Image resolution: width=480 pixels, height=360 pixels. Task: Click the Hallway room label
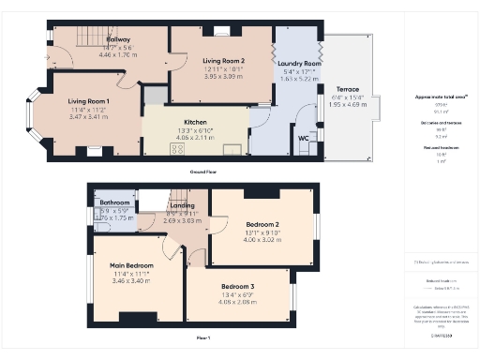[118, 40]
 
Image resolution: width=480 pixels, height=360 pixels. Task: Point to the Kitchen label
[195, 123]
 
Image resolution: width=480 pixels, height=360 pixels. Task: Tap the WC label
[303, 138]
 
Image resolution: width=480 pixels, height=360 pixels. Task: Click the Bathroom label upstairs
[114, 202]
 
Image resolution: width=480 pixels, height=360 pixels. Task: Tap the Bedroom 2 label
[263, 225]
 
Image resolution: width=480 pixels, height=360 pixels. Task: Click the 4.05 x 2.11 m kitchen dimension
[195, 137]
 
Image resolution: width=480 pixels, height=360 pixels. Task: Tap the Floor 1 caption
[203, 337]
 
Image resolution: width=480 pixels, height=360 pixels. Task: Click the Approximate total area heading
[434, 97]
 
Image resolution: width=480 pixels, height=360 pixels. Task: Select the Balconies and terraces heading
[434, 122]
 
